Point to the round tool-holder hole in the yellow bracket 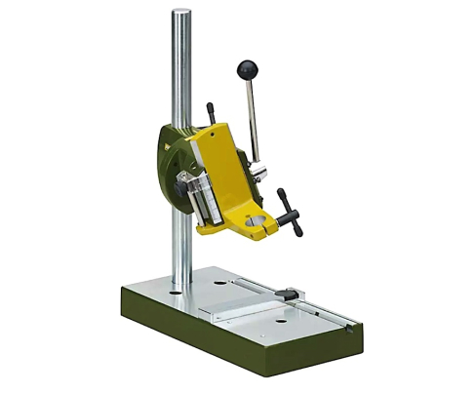click(x=254, y=221)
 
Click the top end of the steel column click(x=181, y=14)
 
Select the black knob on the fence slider click(x=290, y=292)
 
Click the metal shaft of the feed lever click(x=252, y=117)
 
